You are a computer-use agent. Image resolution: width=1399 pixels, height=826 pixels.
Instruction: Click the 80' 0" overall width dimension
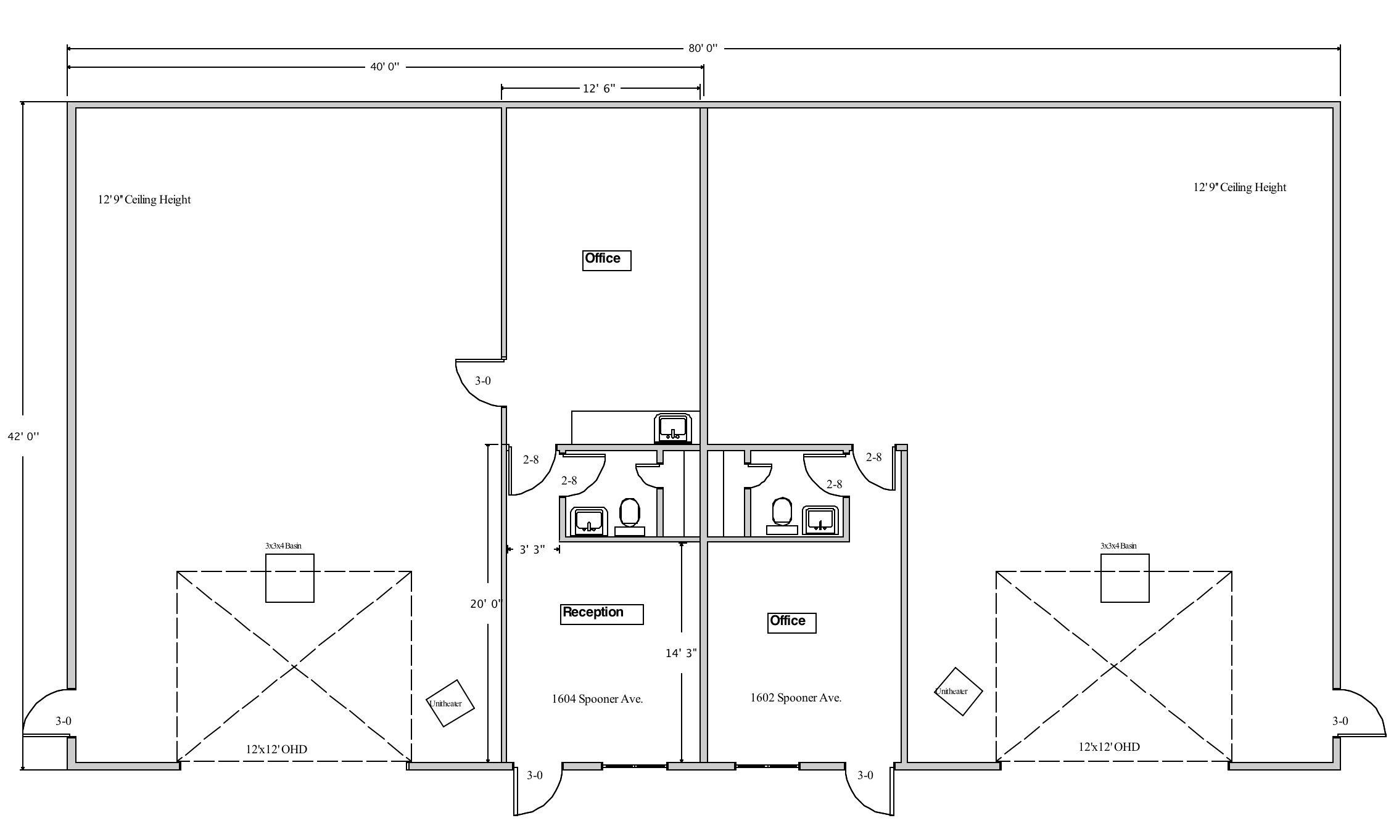(x=703, y=48)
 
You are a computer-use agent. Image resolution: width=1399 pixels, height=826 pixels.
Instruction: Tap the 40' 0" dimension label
(x=385, y=67)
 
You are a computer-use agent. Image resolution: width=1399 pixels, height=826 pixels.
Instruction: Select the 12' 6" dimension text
(x=600, y=89)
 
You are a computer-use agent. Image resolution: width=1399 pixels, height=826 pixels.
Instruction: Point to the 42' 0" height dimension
(x=23, y=436)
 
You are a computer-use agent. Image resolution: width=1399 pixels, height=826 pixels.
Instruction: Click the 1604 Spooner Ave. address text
(x=597, y=699)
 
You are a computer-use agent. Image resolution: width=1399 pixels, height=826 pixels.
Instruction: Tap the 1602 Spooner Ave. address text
(x=796, y=698)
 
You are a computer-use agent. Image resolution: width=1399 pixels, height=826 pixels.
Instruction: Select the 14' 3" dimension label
(x=681, y=653)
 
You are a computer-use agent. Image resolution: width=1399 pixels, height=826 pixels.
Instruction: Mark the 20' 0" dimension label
(x=486, y=604)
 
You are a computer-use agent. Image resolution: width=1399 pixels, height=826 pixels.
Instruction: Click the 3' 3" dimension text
(x=532, y=550)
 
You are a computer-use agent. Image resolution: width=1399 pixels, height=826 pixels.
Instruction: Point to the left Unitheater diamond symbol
(x=450, y=703)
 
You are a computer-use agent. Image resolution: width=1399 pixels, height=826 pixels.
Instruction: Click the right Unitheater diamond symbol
(x=958, y=692)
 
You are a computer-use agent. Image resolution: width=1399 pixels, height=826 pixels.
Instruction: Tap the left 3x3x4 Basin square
(x=290, y=578)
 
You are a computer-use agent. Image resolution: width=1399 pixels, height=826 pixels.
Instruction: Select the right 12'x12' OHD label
(x=1109, y=747)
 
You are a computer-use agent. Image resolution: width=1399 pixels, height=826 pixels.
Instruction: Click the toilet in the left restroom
(x=630, y=517)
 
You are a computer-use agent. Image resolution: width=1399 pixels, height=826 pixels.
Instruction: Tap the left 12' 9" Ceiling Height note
(x=144, y=200)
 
